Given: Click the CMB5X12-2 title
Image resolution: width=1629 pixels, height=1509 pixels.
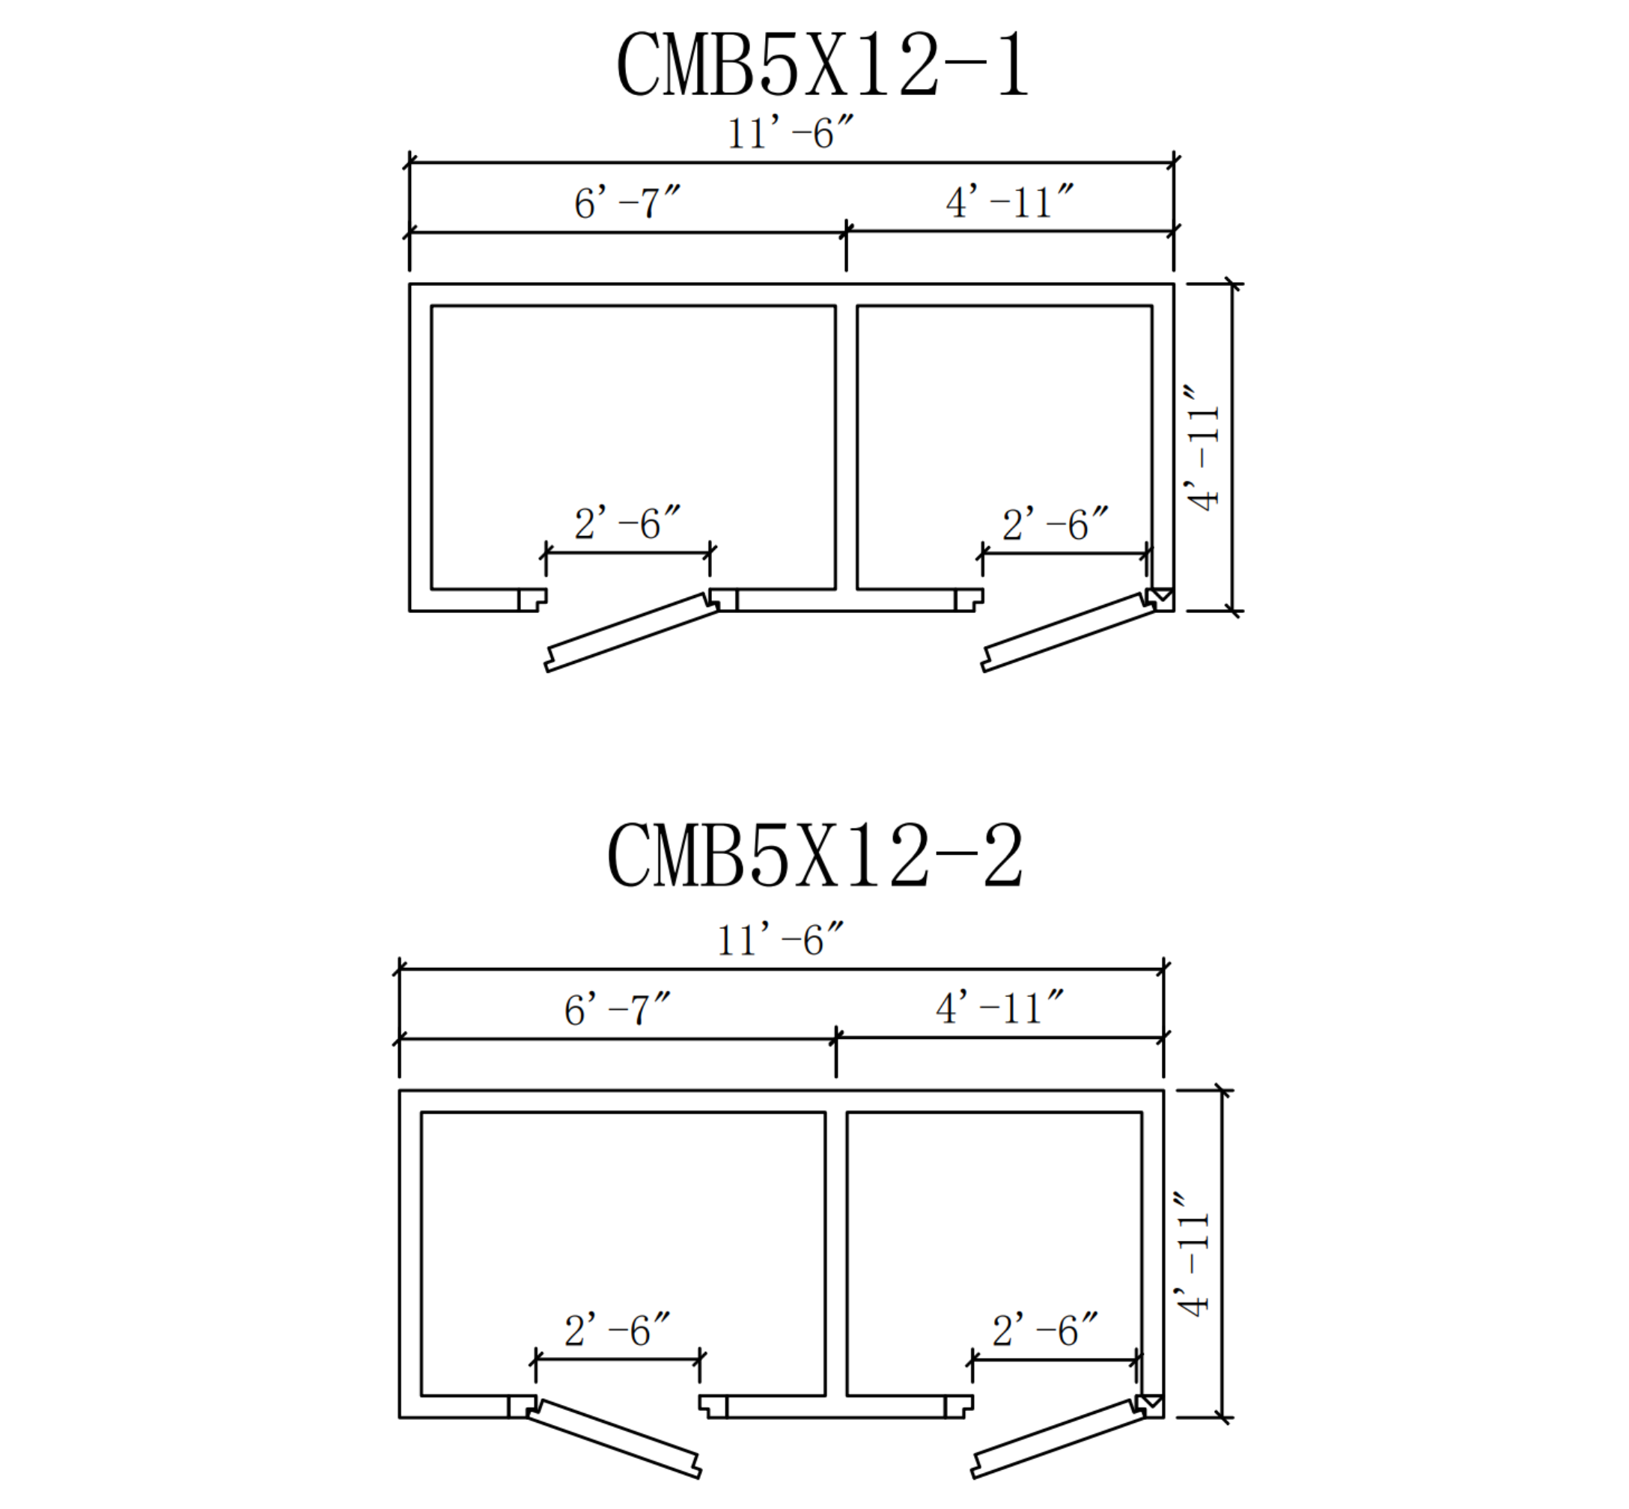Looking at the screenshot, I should coord(814,855).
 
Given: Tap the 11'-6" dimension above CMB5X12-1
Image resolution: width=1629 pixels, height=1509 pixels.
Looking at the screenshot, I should coord(790,133).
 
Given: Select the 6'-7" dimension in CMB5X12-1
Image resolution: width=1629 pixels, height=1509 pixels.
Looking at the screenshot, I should coord(627,203).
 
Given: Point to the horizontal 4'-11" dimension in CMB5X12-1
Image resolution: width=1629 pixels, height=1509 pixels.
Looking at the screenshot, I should coord(1009,201).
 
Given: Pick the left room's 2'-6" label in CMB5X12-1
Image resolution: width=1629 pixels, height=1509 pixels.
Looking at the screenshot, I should coord(627,523).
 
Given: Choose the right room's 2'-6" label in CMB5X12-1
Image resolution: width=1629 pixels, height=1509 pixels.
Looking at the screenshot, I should coord(1055,524).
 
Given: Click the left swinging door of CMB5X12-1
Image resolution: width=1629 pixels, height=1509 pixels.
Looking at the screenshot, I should coord(630,632).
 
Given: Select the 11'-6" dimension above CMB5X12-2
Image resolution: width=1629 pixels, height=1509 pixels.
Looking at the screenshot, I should coord(779,940).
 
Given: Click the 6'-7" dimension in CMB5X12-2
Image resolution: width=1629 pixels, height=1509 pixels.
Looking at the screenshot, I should coord(616,1009).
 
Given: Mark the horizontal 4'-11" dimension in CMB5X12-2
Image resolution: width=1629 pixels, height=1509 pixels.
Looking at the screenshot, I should coord(999,1007).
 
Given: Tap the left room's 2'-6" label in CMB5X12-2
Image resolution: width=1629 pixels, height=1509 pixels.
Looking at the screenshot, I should coord(616,1330).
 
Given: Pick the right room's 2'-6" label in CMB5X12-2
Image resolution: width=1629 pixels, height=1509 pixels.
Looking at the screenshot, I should coord(1044,1330).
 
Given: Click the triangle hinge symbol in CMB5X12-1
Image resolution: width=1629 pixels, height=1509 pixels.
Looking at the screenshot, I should coord(1161,595).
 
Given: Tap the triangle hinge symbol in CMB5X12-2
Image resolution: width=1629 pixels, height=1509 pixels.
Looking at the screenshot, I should coord(1151,1401).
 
